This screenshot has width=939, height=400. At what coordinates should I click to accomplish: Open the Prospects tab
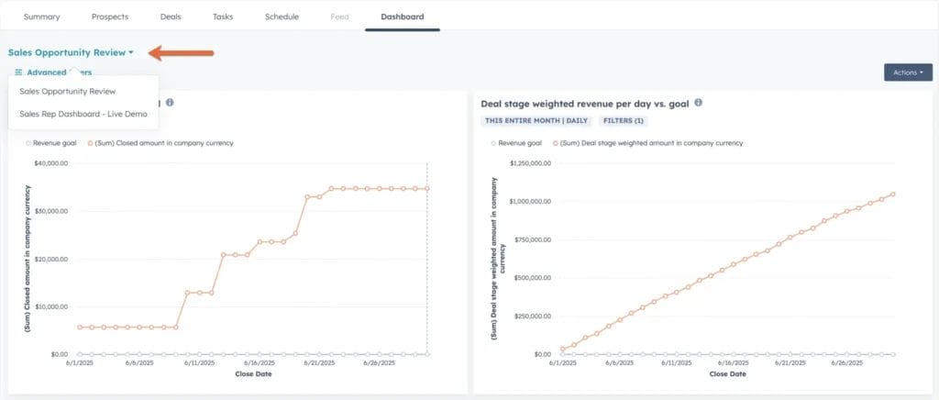[x=110, y=17]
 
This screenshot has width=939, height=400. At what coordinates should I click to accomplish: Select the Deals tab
[x=171, y=17]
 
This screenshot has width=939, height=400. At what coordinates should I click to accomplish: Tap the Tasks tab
[x=223, y=17]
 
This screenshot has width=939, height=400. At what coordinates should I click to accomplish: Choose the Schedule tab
[x=282, y=17]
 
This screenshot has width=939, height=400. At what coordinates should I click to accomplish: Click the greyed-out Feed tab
[x=339, y=17]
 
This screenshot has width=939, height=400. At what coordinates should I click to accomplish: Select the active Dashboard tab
[x=402, y=17]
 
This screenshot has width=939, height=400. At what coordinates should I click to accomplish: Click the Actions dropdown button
[x=907, y=72]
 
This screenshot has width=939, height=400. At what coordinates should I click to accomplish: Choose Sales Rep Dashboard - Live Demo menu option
[x=83, y=114]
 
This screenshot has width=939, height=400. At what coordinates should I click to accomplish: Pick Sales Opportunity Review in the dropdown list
[x=68, y=91]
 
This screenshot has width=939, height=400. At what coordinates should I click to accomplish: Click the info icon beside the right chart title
[x=699, y=103]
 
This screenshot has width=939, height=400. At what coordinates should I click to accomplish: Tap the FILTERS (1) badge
[x=624, y=120]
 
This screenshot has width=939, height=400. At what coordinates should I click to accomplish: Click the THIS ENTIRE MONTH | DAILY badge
[x=536, y=120]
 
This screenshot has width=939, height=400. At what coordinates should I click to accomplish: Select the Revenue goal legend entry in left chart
[x=53, y=143]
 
